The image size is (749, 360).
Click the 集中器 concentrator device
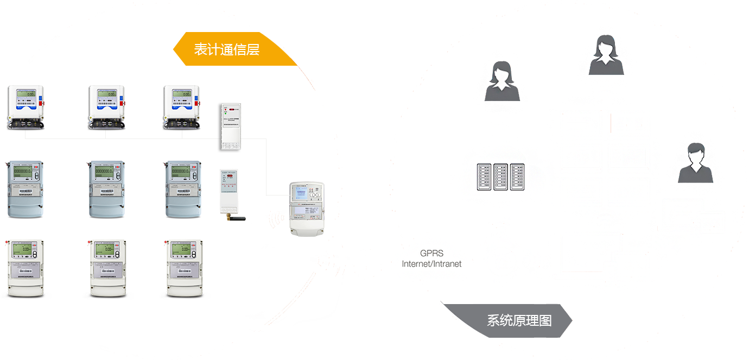tap(308, 207)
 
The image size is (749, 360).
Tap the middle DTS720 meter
tap(107, 187)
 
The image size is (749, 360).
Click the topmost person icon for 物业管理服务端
tap(606, 54)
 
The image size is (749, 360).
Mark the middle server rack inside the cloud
tap(501, 176)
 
